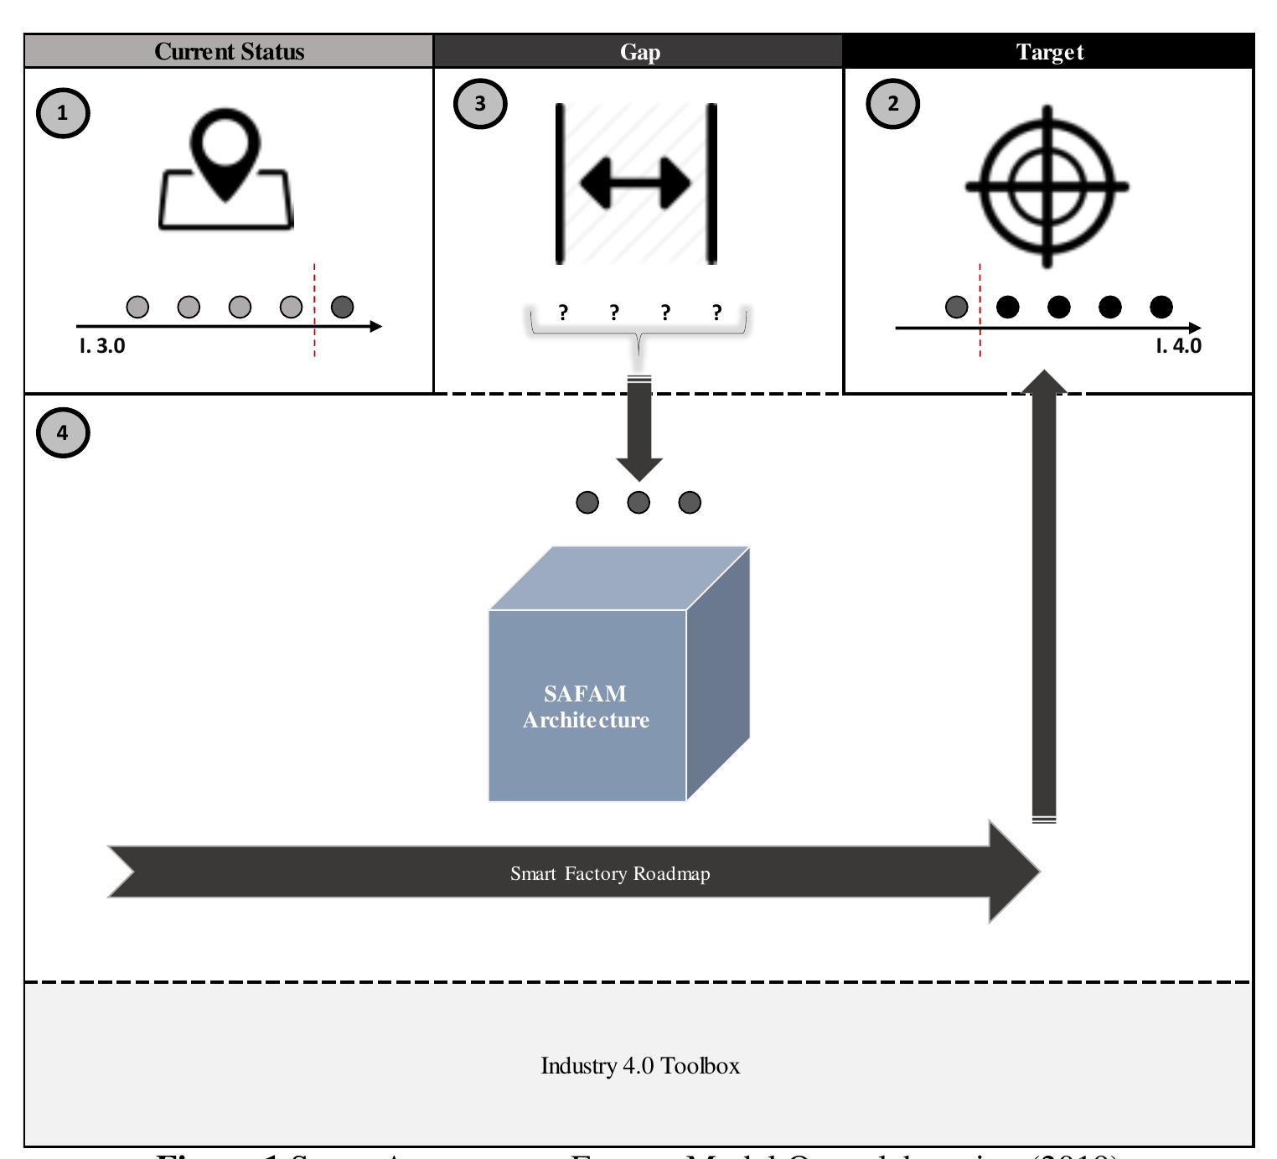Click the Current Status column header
229,52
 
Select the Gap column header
638,52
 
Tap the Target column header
1048,52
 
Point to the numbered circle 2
892,105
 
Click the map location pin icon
226,172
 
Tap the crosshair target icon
1047,185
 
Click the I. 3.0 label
103,345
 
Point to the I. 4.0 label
1177,345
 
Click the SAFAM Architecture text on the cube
586,706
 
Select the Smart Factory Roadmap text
610,873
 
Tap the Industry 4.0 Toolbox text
640,1066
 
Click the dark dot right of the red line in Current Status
342,308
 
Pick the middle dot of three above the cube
638,502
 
